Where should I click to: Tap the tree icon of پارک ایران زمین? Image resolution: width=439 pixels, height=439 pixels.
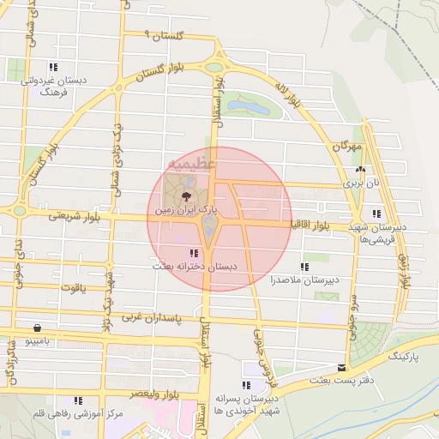point(188,196)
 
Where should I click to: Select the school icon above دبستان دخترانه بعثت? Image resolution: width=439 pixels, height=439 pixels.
point(194,253)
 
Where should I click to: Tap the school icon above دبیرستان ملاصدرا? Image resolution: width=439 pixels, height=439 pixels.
point(304,267)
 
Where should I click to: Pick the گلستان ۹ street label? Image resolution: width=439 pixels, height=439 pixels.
point(165,35)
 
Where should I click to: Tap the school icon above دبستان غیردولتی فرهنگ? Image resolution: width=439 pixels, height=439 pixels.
point(53,67)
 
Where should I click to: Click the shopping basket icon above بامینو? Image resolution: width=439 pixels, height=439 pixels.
point(37,328)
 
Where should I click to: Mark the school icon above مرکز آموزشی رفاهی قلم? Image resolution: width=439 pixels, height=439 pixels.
point(78,400)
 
